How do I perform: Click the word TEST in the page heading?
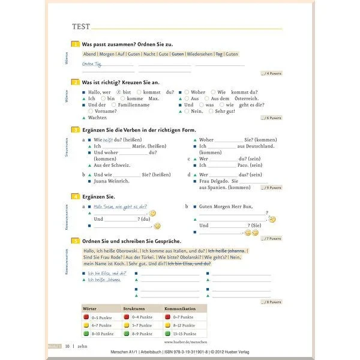80,26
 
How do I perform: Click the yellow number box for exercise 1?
75,44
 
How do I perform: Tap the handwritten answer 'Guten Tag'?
93,64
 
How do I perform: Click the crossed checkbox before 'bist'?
119,92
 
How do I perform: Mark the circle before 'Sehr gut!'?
209,111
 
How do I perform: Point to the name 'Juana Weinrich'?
112,181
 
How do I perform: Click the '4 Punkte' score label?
272,73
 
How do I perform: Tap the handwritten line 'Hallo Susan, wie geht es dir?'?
120,206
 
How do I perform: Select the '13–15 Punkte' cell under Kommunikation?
183,333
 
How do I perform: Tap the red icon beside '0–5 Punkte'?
86,317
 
